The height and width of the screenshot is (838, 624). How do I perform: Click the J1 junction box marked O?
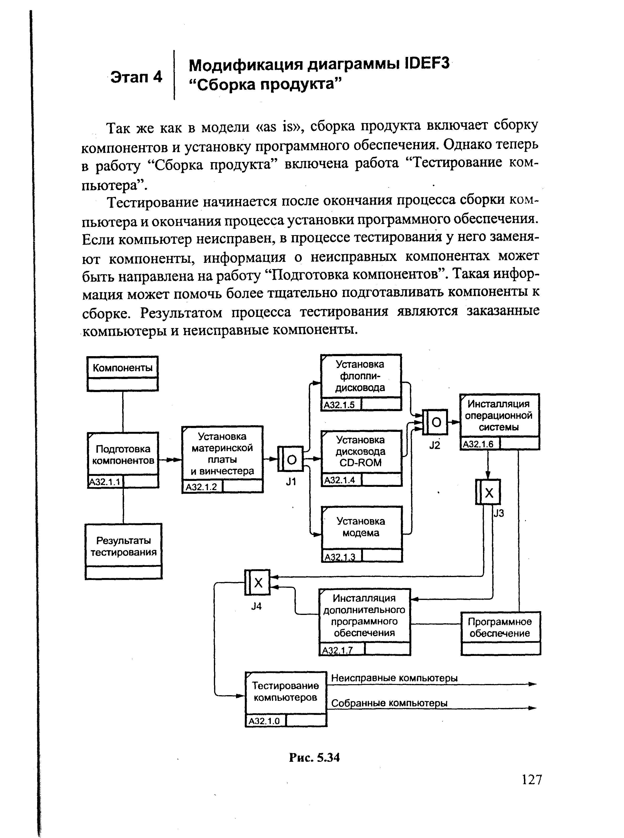[291, 459]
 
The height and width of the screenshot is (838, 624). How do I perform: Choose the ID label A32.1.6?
[478, 444]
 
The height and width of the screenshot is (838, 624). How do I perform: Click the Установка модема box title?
[361, 527]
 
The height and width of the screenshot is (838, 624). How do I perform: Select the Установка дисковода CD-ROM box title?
[361, 451]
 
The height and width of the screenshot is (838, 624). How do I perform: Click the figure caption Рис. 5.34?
[314, 758]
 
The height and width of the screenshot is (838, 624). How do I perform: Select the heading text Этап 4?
[136, 77]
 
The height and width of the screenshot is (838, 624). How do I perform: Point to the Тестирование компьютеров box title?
[286, 692]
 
